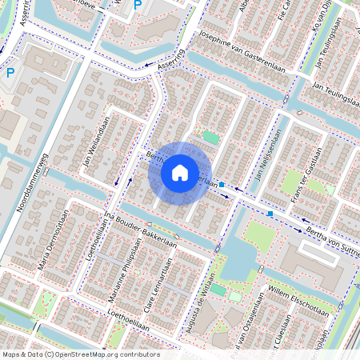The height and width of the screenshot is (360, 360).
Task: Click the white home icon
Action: click(x=180, y=172)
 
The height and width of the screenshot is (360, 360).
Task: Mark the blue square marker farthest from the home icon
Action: click(x=271, y=214)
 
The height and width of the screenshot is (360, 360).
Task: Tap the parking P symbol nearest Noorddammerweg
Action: click(x=10, y=73)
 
